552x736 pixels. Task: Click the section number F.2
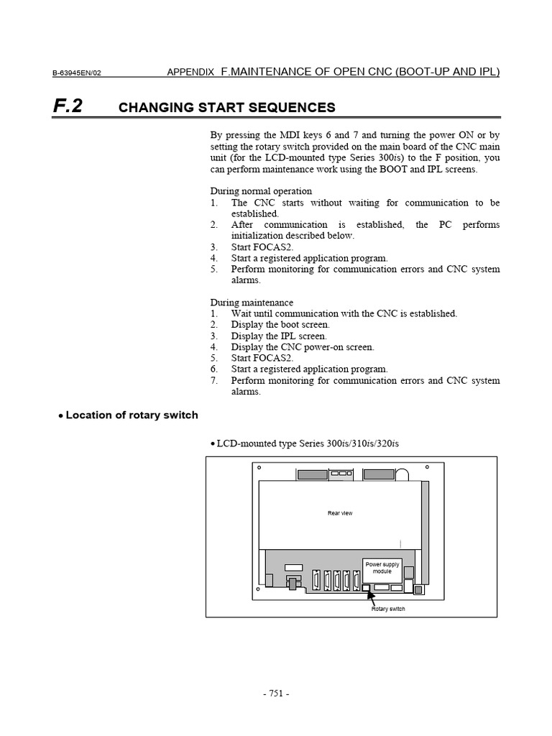pos(68,106)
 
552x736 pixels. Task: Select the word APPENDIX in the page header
pos(190,72)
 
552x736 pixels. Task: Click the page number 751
pos(275,694)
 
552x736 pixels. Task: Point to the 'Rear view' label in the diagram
pos(340,513)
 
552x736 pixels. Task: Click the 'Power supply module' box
pos(382,568)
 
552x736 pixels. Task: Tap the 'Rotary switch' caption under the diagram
pos(388,609)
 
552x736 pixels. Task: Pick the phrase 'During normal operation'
pos(261,191)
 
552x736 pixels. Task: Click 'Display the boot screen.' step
pos(280,325)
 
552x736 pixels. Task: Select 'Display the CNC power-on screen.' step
pos(303,347)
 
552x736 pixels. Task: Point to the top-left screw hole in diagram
pos(259,467)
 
